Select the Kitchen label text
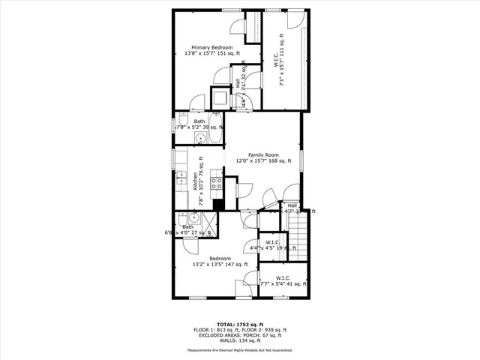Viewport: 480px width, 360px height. (195, 181)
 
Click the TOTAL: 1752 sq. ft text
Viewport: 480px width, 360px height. (240, 323)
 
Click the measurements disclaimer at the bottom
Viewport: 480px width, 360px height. (240, 350)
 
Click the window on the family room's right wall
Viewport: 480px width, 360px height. (302, 162)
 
